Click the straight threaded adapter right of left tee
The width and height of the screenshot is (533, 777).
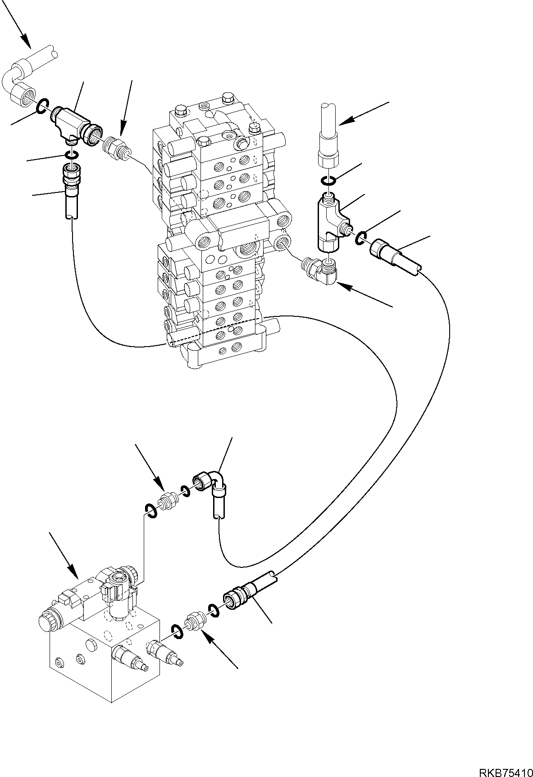click(x=115, y=147)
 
